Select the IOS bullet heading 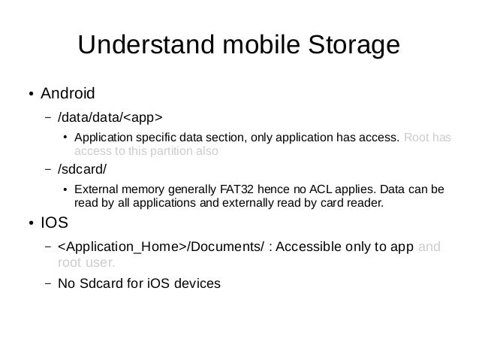click(x=53, y=222)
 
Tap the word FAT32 click(x=239, y=189)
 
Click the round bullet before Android click(x=31, y=95)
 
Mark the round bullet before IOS click(x=31, y=224)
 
